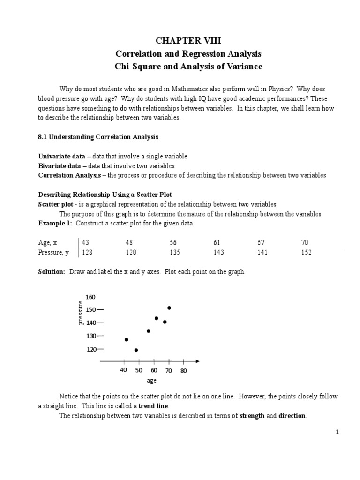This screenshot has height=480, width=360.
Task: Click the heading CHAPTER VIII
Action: [x=188, y=41]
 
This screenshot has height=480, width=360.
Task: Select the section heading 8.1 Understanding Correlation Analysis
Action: [x=98, y=137]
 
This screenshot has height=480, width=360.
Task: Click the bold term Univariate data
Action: [x=61, y=156]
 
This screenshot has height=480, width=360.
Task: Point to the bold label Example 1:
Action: [x=55, y=223]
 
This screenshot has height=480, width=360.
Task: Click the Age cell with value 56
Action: [x=174, y=242]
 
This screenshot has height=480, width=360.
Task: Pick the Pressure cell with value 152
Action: [x=307, y=252]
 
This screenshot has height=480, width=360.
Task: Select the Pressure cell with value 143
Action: [x=218, y=252]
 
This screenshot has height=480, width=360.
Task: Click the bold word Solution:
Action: [x=52, y=272]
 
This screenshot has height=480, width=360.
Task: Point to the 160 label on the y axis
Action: [x=90, y=297]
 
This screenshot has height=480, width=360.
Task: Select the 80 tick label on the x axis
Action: [x=183, y=371]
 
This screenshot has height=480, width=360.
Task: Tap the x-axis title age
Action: [x=151, y=381]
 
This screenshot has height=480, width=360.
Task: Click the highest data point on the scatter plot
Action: [x=169, y=308]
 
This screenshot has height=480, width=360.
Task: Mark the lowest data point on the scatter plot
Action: [x=136, y=350]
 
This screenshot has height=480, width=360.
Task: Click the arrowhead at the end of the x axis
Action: [x=197, y=361]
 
